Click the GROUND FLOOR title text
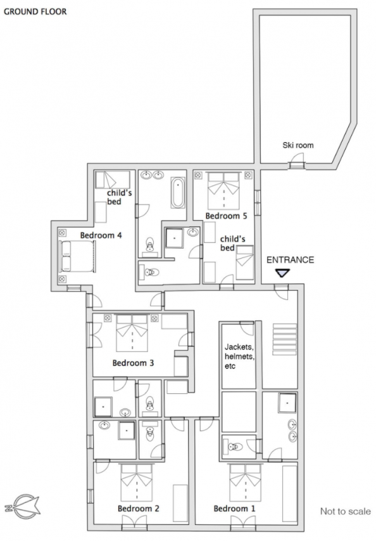pyautogui.click(x=35, y=11)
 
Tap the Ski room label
pyautogui.click(x=298, y=145)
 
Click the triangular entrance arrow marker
pyautogui.click(x=283, y=273)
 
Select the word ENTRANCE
pyautogui.click(x=291, y=260)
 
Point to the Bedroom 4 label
pyautogui.click(x=101, y=235)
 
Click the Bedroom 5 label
pyautogui.click(x=226, y=216)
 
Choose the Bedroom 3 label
pyautogui.click(x=133, y=363)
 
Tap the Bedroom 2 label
pyautogui.click(x=138, y=508)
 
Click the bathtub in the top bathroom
pyautogui.click(x=178, y=193)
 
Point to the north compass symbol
pyautogui.click(x=22, y=508)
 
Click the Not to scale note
pyautogui.click(x=346, y=511)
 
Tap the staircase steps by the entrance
pyautogui.click(x=285, y=339)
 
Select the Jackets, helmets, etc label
pyautogui.click(x=239, y=356)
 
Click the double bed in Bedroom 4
pyautogui.click(x=77, y=256)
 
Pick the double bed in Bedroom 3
pyautogui.click(x=132, y=332)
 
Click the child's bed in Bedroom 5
pyautogui.click(x=244, y=263)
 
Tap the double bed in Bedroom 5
pyautogui.click(x=224, y=191)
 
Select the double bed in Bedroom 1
pyautogui.click(x=245, y=483)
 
